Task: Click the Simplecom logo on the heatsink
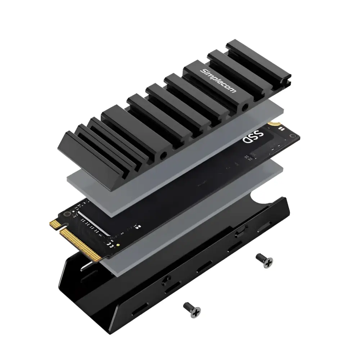coord(219,81)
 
